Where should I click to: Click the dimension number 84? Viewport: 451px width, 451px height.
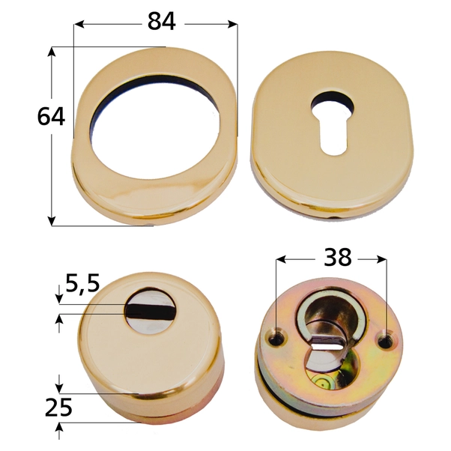[161, 22]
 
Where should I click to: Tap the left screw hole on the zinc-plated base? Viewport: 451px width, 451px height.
[279, 339]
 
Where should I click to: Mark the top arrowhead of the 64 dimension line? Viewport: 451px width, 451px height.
[52, 51]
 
